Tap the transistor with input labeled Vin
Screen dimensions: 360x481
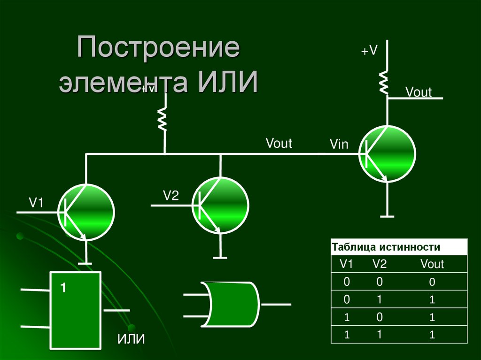click(388, 153)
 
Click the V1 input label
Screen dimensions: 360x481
click(36, 203)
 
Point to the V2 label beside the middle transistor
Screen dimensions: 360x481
click(171, 196)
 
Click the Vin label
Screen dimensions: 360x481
click(339, 144)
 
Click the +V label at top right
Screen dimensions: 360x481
click(369, 51)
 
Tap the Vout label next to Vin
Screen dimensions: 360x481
click(279, 143)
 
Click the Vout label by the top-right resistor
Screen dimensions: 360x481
click(419, 92)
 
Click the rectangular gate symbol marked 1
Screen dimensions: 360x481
click(76, 310)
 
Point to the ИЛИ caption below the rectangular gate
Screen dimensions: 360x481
click(131, 339)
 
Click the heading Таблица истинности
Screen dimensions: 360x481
click(386, 247)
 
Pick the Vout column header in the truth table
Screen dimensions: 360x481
click(432, 264)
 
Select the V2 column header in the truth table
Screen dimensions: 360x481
click(380, 264)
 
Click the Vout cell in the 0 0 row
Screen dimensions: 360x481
click(432, 282)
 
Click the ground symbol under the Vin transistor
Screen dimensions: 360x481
click(388, 217)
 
